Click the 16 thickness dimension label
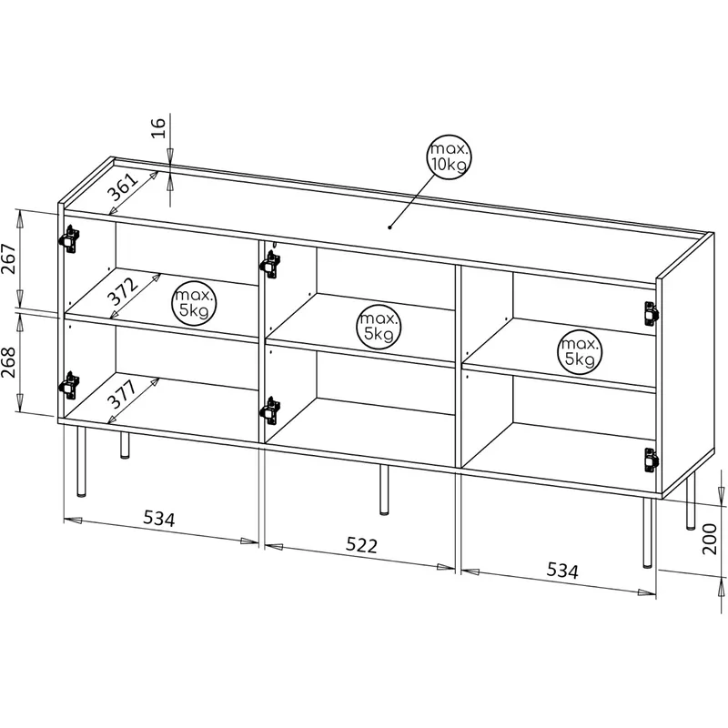[158, 127]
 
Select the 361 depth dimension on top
[123, 187]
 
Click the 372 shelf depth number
[123, 291]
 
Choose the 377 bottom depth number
[123, 394]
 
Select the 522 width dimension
[361, 545]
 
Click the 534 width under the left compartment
[158, 518]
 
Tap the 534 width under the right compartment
[562, 571]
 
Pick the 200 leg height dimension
[710, 539]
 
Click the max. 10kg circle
[449, 157]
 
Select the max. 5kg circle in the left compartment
[195, 303]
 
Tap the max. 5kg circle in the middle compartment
[379, 327]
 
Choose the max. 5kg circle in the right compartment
[580, 352]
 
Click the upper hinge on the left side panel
[69, 239]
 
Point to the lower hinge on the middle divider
[270, 410]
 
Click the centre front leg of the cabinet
[384, 489]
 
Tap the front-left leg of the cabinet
[81, 461]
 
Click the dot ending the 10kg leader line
[390, 227]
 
